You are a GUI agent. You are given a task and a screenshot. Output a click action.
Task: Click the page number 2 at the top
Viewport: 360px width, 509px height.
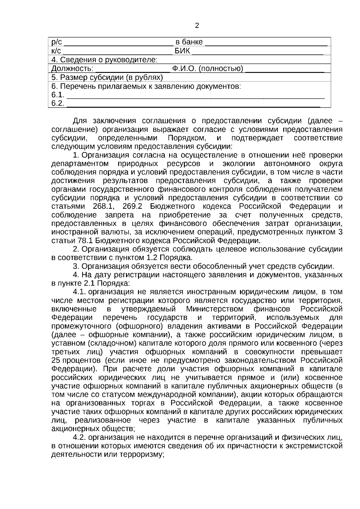[197, 25]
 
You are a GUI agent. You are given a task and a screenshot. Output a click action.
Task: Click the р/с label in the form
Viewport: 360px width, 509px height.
[56, 42]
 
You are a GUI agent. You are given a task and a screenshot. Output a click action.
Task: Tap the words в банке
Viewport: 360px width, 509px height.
[189, 42]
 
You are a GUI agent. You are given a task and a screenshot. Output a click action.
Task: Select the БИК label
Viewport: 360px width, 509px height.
[182, 50]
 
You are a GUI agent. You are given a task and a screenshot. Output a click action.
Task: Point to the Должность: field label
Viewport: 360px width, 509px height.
[72, 69]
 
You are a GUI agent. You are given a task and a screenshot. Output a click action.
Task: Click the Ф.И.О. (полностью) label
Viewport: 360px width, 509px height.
[207, 69]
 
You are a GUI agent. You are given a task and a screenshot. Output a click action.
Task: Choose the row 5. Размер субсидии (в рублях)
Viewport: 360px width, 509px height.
[107, 77]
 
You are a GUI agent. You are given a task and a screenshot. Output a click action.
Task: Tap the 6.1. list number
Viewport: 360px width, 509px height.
[58, 95]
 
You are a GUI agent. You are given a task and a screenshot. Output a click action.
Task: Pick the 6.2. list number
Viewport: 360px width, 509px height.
[58, 103]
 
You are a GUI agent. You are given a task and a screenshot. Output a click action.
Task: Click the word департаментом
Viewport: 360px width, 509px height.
[80, 164]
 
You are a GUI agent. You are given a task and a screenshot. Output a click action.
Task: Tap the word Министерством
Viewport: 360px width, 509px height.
[215, 309]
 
